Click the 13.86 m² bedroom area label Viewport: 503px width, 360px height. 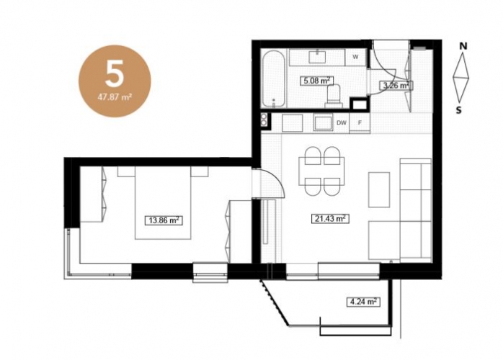coord(164,220)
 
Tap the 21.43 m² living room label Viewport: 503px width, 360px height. coord(330,219)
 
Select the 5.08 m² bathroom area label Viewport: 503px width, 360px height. coord(316,81)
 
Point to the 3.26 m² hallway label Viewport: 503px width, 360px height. coord(395,85)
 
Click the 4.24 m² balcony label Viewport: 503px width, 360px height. coord(363,302)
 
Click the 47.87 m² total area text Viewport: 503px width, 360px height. coord(115,96)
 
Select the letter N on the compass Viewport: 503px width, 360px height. coord(463,46)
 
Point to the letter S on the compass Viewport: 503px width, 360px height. coord(459,110)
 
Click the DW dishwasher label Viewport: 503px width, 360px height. coord(342,122)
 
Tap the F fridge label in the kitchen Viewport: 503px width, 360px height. coord(360,122)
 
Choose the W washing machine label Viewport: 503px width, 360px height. coord(355,57)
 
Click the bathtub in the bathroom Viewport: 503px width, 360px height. coord(273,79)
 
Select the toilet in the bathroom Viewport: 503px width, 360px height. coord(334,96)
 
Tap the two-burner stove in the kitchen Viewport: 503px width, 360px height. coord(264,121)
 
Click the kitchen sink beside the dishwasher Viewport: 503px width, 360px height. coord(323,123)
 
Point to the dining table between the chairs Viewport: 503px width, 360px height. coord(321,171)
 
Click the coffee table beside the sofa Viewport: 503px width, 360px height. coord(379,190)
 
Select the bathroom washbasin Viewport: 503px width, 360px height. coord(318,56)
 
